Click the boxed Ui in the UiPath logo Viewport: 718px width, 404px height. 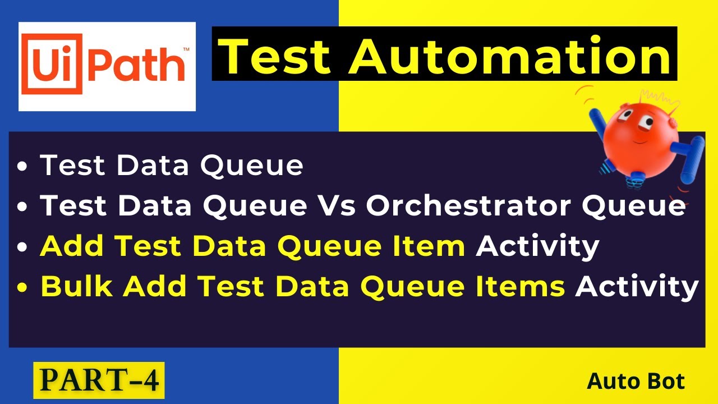pos(49,66)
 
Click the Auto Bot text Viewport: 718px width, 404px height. pos(636,382)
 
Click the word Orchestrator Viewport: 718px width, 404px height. pos(470,206)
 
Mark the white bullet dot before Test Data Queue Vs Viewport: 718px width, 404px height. pos(22,208)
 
